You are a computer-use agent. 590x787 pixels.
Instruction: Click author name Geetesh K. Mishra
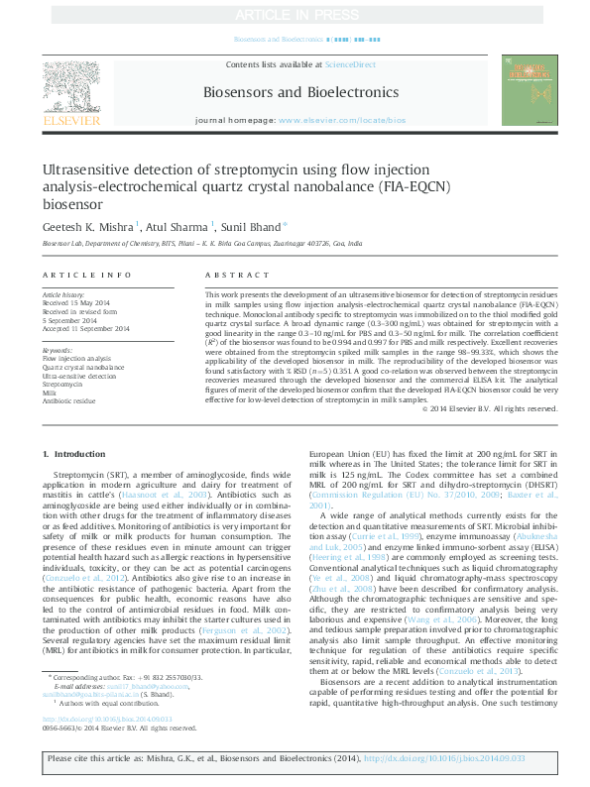87,226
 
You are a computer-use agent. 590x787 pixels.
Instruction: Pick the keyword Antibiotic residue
70,400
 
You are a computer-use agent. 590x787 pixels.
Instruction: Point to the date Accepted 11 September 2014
86,328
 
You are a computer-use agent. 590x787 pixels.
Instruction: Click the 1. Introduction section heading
73,454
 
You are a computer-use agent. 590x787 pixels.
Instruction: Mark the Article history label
63,295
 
